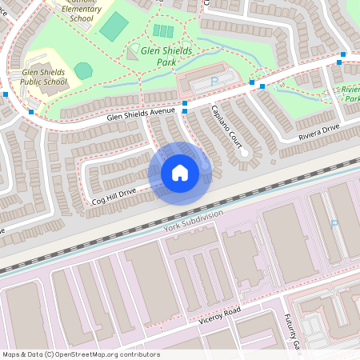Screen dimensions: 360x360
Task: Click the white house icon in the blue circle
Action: (x=179, y=173)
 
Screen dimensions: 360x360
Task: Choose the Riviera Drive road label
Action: (x=321, y=132)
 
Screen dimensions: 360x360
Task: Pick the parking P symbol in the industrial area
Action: (x=334, y=225)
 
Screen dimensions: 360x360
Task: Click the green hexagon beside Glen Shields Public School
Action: (x=83, y=70)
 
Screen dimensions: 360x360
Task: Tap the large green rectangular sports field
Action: (x=114, y=26)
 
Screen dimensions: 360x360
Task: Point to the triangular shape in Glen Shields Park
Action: (x=131, y=53)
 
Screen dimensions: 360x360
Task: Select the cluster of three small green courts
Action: (x=162, y=31)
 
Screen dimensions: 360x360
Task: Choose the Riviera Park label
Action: (x=348, y=94)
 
